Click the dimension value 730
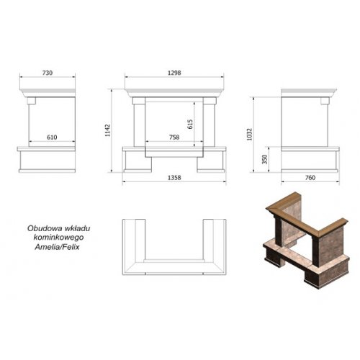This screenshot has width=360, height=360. coord(48,73)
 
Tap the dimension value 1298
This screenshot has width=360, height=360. coord(174,73)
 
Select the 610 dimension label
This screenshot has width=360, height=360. coord(52,138)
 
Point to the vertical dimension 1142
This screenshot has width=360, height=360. coord(107,130)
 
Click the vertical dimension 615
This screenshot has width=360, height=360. coord(190,124)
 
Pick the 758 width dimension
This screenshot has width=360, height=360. coord(174,138)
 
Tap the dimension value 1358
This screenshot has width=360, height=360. coord(174,178)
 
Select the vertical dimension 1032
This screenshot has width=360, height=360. coord(250,135)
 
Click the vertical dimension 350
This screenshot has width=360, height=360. coord(264,159)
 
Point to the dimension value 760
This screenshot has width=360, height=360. coord(310,178)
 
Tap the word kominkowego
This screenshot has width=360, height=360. coord(58,238)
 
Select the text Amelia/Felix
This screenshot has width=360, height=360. coord(57,247)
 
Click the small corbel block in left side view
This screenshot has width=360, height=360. coord(32,101)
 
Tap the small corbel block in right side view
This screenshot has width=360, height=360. coord(325,101)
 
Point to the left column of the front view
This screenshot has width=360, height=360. coord(139,125)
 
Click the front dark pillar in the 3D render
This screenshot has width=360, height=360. coord(316,251)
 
